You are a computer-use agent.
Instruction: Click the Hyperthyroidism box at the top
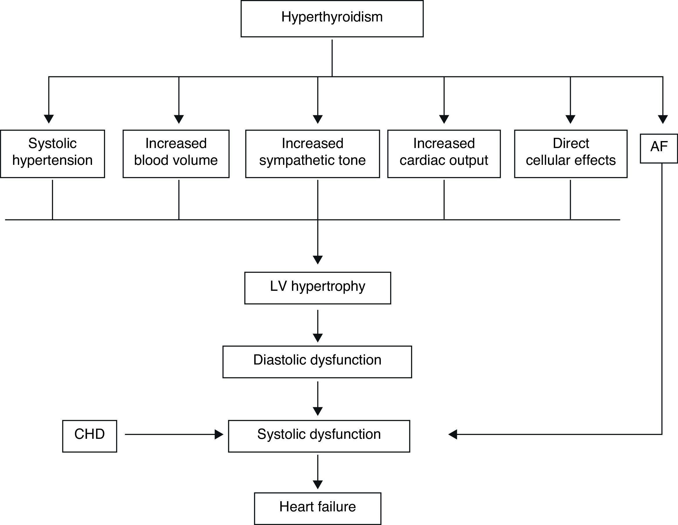pyautogui.click(x=332, y=19)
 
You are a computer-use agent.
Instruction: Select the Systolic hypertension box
pyautogui.click(x=53, y=154)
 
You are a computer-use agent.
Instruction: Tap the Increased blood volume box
pyautogui.click(x=176, y=154)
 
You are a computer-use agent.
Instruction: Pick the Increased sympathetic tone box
pyautogui.click(x=312, y=154)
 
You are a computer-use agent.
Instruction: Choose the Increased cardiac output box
pyautogui.click(x=444, y=154)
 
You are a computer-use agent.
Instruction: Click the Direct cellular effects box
pyautogui.click(x=571, y=154)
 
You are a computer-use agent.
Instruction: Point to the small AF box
pyautogui.click(x=659, y=148)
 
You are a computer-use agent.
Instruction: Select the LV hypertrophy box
pyautogui.click(x=318, y=288)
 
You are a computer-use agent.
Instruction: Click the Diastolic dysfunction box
pyautogui.click(x=317, y=362)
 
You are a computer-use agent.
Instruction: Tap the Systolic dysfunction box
pyautogui.click(x=319, y=436)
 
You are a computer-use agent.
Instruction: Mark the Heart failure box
pyautogui.click(x=318, y=508)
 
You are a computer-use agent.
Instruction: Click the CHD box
pyautogui.click(x=89, y=436)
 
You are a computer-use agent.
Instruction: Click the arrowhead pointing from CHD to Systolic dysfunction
pyautogui.click(x=219, y=434)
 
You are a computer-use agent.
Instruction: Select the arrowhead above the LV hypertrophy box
pyautogui.click(x=318, y=259)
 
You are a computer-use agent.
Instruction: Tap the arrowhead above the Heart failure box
pyautogui.click(x=318, y=484)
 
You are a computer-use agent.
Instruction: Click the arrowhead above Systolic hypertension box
pyautogui.click(x=49, y=119)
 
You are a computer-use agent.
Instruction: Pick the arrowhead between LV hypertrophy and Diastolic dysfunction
pyautogui.click(x=318, y=338)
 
